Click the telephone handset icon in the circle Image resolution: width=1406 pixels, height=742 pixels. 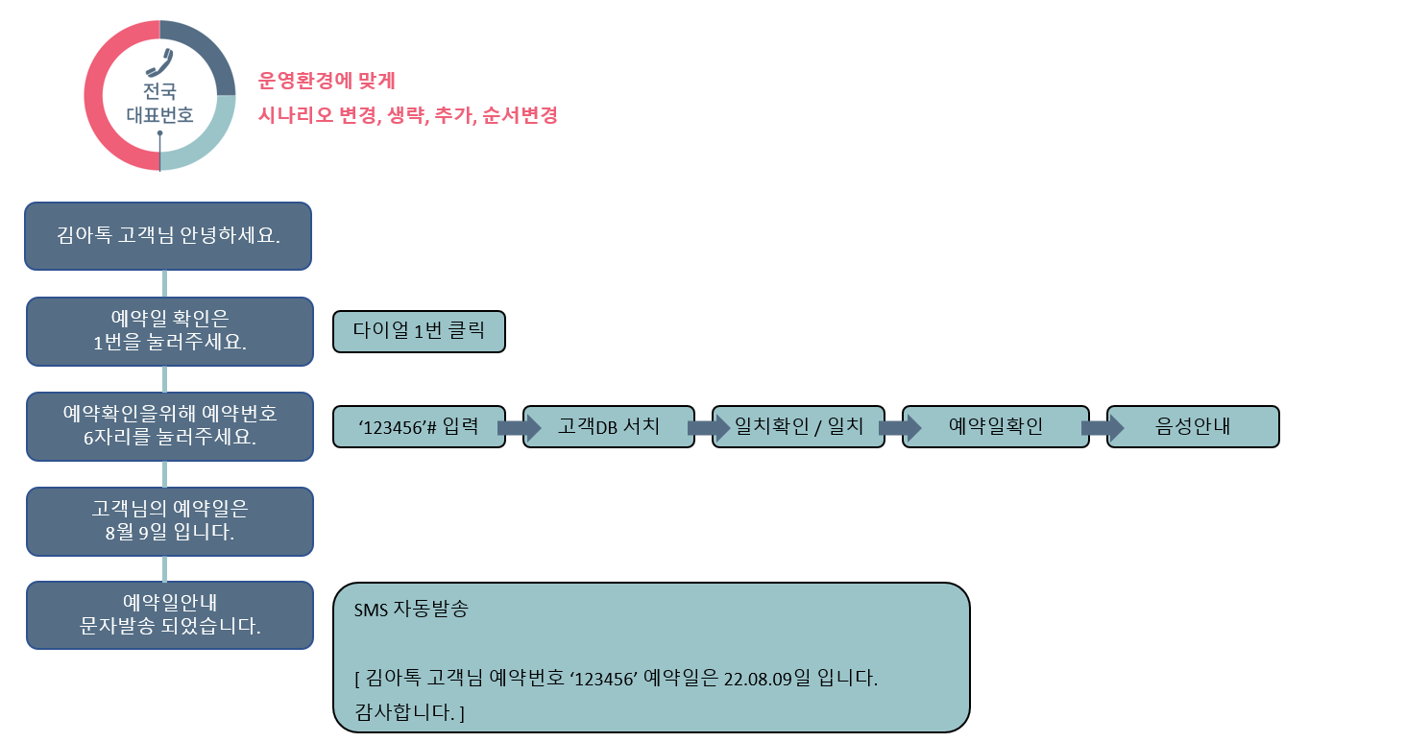click(x=158, y=62)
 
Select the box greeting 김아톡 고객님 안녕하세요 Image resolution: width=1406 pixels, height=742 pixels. click(x=168, y=236)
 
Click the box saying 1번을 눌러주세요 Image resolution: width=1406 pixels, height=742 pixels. click(x=170, y=331)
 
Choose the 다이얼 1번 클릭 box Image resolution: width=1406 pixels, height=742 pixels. click(x=419, y=331)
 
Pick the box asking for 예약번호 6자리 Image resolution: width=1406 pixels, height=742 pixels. click(x=170, y=426)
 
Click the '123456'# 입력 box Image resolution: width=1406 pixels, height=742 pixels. click(x=419, y=426)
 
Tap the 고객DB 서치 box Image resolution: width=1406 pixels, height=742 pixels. click(x=609, y=426)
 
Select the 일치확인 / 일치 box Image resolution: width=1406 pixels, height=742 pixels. click(x=798, y=426)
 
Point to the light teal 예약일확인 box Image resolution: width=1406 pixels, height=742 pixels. click(x=996, y=426)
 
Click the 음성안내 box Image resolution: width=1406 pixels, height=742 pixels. click(x=1193, y=426)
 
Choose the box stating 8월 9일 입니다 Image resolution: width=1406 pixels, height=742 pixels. click(x=170, y=521)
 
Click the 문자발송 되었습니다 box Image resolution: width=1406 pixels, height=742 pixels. click(x=170, y=615)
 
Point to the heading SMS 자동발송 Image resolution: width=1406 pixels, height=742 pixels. click(x=411, y=610)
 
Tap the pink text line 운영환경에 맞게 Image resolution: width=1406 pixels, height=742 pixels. click(x=327, y=80)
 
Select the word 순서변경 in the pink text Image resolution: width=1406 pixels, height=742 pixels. click(x=522, y=115)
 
